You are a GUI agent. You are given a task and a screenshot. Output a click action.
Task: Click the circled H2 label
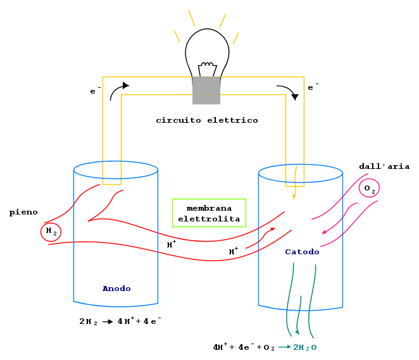[x=51, y=232]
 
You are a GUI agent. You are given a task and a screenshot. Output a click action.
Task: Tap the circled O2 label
[x=369, y=189]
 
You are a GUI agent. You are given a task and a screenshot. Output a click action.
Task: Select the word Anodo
[x=116, y=289]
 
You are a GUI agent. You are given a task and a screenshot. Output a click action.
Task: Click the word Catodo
[x=302, y=252]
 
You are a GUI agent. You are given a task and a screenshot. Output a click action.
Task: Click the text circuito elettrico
[x=207, y=120]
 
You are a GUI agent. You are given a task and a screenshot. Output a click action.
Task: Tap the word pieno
[x=23, y=213]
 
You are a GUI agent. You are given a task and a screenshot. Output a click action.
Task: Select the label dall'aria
[x=384, y=166]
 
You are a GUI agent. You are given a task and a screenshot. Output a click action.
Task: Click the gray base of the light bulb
[x=206, y=90]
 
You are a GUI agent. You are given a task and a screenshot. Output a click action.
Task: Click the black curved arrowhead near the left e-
[x=125, y=85]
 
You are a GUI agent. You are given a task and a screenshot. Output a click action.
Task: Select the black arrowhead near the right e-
[x=295, y=97]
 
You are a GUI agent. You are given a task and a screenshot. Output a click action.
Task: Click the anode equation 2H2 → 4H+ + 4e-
[x=120, y=321]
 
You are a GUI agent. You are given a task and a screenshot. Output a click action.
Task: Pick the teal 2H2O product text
[x=305, y=347]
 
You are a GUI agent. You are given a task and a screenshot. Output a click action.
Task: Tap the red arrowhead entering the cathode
[x=273, y=229]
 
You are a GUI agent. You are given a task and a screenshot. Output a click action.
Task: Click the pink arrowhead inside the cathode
[x=324, y=232]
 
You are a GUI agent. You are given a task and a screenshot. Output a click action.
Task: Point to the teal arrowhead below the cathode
[x=297, y=332]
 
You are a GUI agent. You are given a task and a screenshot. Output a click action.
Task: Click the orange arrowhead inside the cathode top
[x=294, y=197]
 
